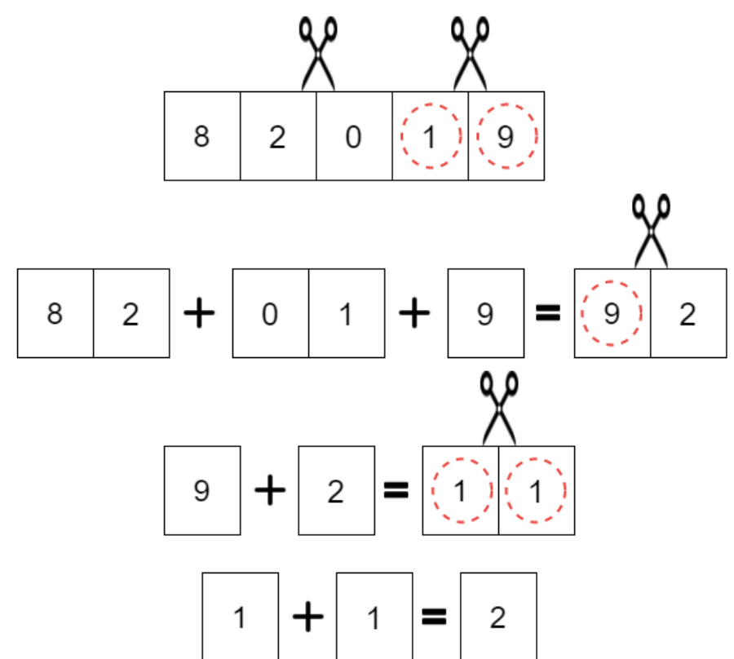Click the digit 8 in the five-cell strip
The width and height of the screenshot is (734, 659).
[x=201, y=137]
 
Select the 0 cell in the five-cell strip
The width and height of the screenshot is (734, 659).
[x=354, y=135]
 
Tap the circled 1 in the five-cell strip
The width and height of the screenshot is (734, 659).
[x=430, y=136]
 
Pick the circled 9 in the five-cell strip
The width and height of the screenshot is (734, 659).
[x=506, y=136]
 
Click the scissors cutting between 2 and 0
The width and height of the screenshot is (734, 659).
[x=318, y=53]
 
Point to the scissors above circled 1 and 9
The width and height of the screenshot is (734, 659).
[x=470, y=53]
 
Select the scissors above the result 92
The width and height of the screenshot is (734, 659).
[x=651, y=231]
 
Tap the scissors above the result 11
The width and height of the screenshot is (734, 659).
[x=499, y=408]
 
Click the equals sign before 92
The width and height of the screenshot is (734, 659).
[x=548, y=313]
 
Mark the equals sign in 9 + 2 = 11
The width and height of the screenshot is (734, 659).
[x=396, y=490]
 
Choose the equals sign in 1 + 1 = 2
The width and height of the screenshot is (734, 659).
[x=434, y=617]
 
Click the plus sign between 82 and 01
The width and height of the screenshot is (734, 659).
[x=199, y=312]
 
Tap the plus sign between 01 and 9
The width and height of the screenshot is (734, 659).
[x=414, y=312]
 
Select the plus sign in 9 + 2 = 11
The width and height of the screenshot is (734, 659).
[x=270, y=490]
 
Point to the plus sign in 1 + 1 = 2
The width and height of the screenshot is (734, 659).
[x=308, y=617]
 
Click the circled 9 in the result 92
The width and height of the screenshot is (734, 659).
[x=612, y=313]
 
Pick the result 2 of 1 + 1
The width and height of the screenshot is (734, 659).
[x=497, y=617]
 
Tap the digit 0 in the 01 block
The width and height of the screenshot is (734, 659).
[x=270, y=313]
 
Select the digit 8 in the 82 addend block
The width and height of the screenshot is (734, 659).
[x=55, y=313]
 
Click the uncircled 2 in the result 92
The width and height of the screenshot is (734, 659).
[x=688, y=314]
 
